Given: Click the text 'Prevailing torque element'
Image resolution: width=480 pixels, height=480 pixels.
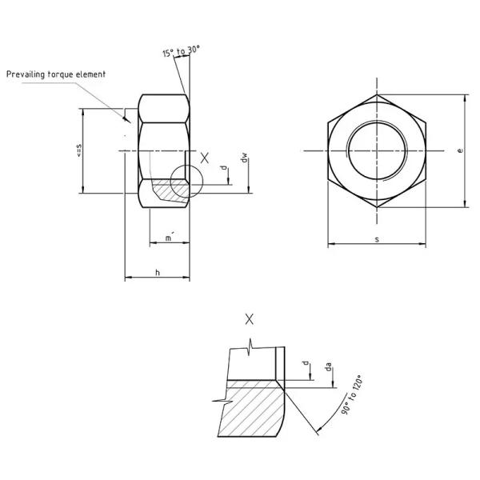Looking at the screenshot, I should [x=56, y=74].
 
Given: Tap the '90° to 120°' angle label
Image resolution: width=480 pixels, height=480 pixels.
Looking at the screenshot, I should [x=350, y=393].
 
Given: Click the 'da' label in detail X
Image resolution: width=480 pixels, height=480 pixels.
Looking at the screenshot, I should [x=329, y=369].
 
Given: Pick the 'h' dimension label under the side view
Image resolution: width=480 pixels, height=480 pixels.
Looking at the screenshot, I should [x=158, y=273].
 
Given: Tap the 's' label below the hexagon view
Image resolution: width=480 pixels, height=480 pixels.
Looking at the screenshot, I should [x=376, y=239].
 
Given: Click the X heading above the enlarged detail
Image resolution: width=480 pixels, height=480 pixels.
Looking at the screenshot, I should [x=250, y=319].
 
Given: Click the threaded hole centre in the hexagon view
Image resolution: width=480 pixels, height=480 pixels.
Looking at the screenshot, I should [x=376, y=150].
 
